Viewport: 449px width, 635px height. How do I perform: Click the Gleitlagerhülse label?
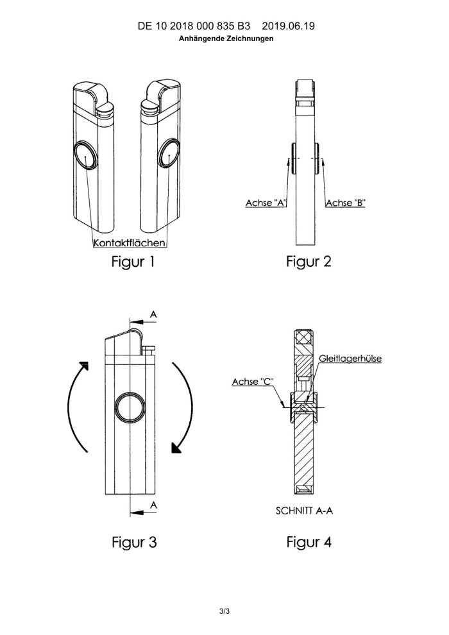click(350, 359)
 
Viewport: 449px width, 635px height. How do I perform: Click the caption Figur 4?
click(309, 542)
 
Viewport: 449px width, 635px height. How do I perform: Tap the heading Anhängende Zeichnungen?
click(224, 38)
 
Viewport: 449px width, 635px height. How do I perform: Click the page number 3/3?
click(224, 611)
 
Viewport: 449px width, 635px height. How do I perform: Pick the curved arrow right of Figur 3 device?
click(184, 409)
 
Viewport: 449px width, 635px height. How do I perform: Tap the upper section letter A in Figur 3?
click(153, 314)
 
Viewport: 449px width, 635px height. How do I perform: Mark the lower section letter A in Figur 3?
click(153, 505)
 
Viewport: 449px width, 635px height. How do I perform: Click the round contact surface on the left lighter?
click(85, 155)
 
